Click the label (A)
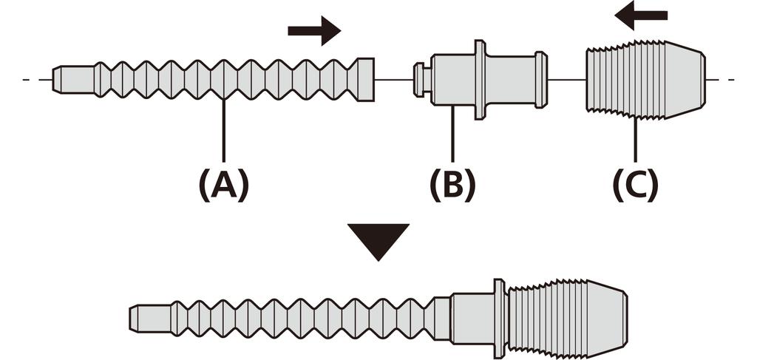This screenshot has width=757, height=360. click(223, 184)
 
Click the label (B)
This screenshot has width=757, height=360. click(452, 184)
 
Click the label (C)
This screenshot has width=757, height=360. click(635, 184)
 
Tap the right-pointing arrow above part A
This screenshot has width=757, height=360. click(313, 30)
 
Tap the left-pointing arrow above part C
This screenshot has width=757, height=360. click(641, 15)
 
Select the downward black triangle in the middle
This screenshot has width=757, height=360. click(378, 241)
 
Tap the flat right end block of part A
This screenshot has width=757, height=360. click(365, 79)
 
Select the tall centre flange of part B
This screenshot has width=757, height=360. click(481, 79)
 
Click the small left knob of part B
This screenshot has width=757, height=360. click(420, 79)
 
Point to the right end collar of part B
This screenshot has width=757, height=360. click(543, 79)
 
